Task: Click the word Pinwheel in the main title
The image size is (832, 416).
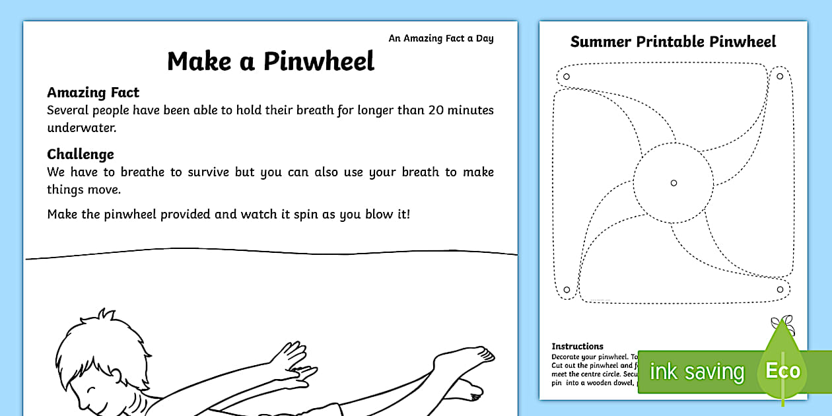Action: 319,61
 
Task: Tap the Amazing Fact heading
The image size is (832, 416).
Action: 93,92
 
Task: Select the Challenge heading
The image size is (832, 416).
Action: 81,154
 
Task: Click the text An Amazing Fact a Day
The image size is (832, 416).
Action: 440,38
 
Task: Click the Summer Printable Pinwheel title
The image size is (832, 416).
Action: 673,42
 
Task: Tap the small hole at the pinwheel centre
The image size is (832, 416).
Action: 674,183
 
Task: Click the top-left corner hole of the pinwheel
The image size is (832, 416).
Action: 566,77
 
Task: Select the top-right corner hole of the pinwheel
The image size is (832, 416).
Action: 780,77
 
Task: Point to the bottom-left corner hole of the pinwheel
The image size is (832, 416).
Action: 566,289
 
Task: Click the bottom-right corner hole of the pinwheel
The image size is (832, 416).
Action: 780,289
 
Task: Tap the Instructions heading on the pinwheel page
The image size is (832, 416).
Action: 577,346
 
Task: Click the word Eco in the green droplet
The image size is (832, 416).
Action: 782,370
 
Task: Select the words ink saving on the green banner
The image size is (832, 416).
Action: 697,372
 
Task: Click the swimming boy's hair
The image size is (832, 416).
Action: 83,337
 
